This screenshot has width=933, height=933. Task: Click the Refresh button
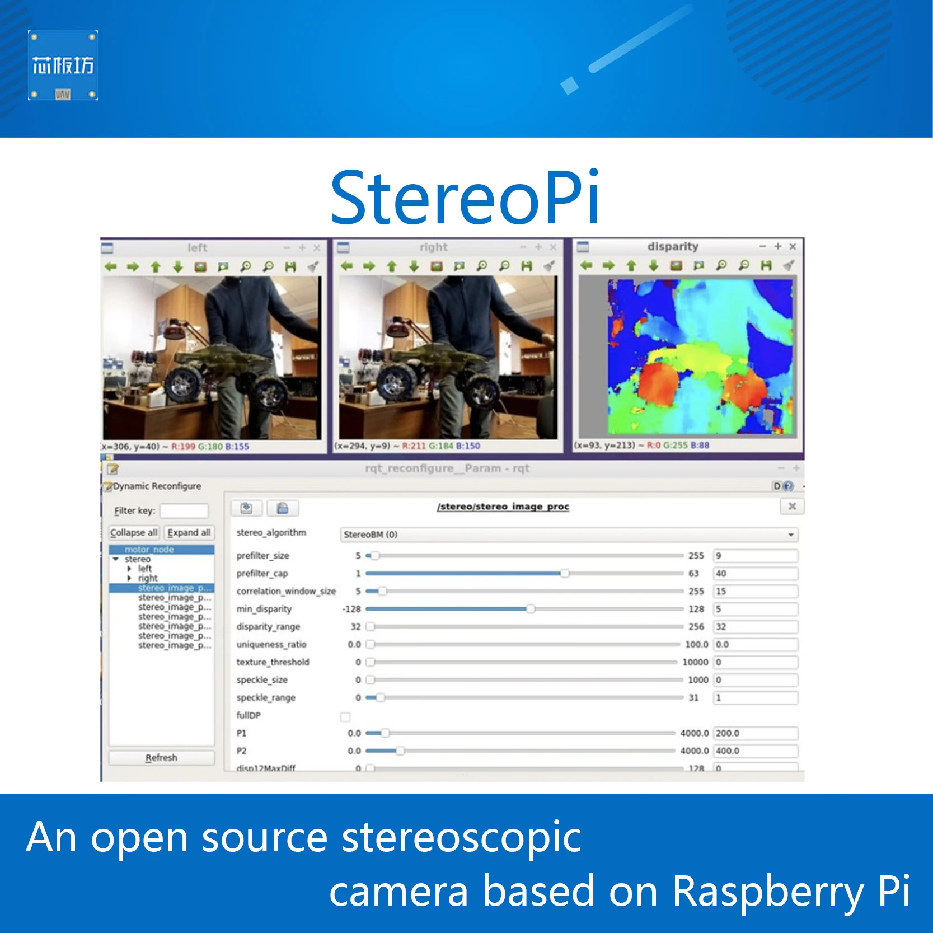coord(161,758)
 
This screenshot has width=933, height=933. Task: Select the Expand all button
coord(189,532)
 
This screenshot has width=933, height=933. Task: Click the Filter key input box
coord(184,510)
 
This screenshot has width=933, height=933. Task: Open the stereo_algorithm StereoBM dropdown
coord(569,535)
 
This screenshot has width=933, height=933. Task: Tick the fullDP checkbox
coord(345,717)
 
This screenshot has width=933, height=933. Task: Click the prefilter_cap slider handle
coord(565,573)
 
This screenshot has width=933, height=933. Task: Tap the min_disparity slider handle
coord(530,609)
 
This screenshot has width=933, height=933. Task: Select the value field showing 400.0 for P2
coord(756,751)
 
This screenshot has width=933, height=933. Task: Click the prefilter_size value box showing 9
coord(756,556)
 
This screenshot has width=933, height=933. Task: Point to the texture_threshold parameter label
coord(273,662)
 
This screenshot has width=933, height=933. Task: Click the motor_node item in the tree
coord(149,550)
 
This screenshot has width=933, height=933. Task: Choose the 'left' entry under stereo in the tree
coord(145,569)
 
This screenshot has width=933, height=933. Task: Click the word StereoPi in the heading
coord(465,198)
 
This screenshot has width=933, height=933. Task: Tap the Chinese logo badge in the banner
coord(63,65)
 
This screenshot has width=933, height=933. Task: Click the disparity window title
coord(673,246)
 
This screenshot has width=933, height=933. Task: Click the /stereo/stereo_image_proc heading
coord(503,507)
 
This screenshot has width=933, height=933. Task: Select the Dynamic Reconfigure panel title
coord(157,486)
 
